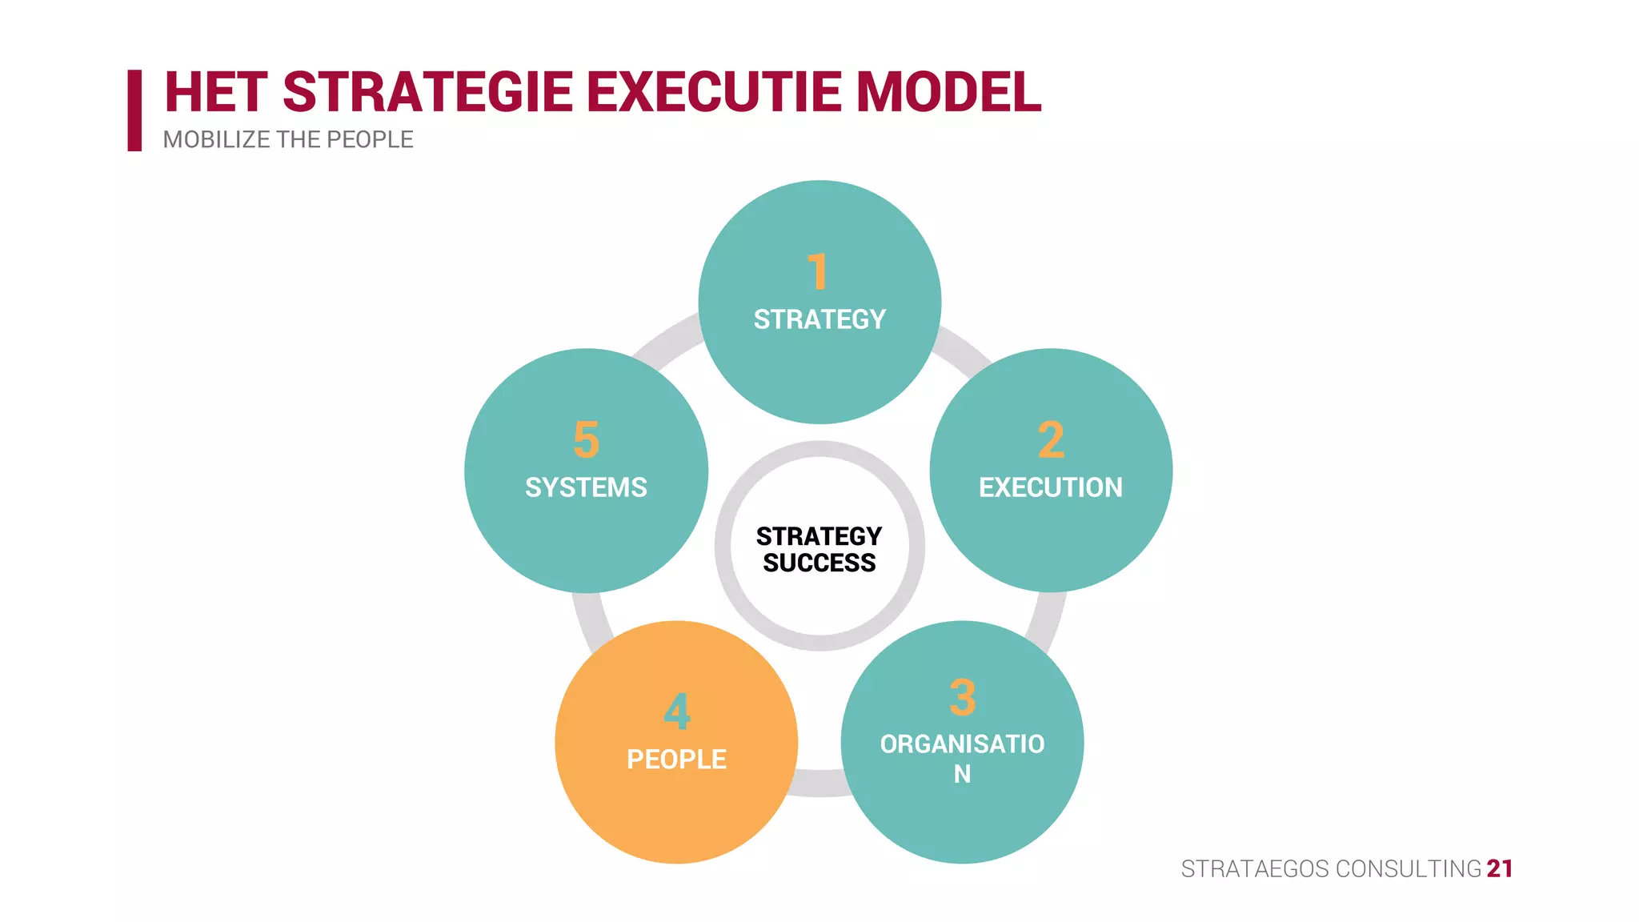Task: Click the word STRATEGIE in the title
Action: tap(427, 92)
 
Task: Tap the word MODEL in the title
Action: tap(948, 92)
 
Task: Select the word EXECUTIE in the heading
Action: tap(714, 92)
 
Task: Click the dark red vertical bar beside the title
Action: tap(134, 110)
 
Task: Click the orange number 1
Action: tap(817, 272)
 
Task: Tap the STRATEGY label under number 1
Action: tap(819, 319)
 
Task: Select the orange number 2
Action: tap(1051, 440)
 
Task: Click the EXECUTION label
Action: tap(1050, 487)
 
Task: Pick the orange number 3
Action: tap(962, 698)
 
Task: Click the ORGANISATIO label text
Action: tap(962, 744)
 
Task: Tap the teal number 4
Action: tap(676, 712)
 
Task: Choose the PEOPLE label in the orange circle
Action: tap(676, 759)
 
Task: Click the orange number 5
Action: tap(586, 440)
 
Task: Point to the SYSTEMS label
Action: tap(586, 487)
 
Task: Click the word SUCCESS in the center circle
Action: tap(819, 563)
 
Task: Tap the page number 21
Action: tap(1499, 868)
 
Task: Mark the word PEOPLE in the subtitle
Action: tap(370, 140)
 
